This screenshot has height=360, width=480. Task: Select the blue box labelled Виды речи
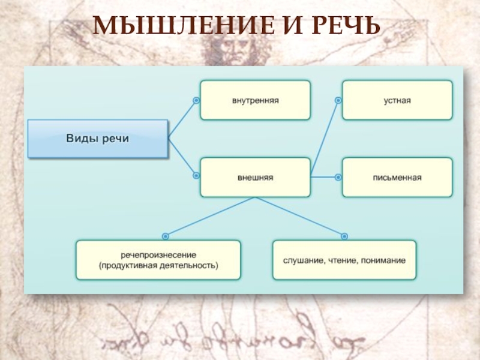[x=98, y=139]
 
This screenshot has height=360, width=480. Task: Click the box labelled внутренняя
[x=256, y=100]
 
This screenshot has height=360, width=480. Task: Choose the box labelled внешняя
[x=256, y=178]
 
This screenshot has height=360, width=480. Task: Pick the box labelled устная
[x=397, y=100]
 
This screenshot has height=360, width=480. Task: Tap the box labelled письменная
[x=397, y=178]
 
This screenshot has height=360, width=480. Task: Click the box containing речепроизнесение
[x=158, y=260]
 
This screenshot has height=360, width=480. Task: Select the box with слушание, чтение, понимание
[x=344, y=260]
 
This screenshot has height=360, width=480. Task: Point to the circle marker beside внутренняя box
[x=196, y=100]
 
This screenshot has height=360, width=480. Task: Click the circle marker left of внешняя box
[x=196, y=176]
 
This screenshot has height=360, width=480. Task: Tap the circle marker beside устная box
[x=338, y=100]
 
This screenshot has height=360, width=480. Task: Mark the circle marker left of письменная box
[x=338, y=177]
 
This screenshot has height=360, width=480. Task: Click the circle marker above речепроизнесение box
[x=166, y=236]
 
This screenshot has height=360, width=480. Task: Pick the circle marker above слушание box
[x=344, y=236]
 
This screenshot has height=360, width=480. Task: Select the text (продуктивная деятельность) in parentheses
[x=158, y=265]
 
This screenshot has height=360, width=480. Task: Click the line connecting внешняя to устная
[x=324, y=139]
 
